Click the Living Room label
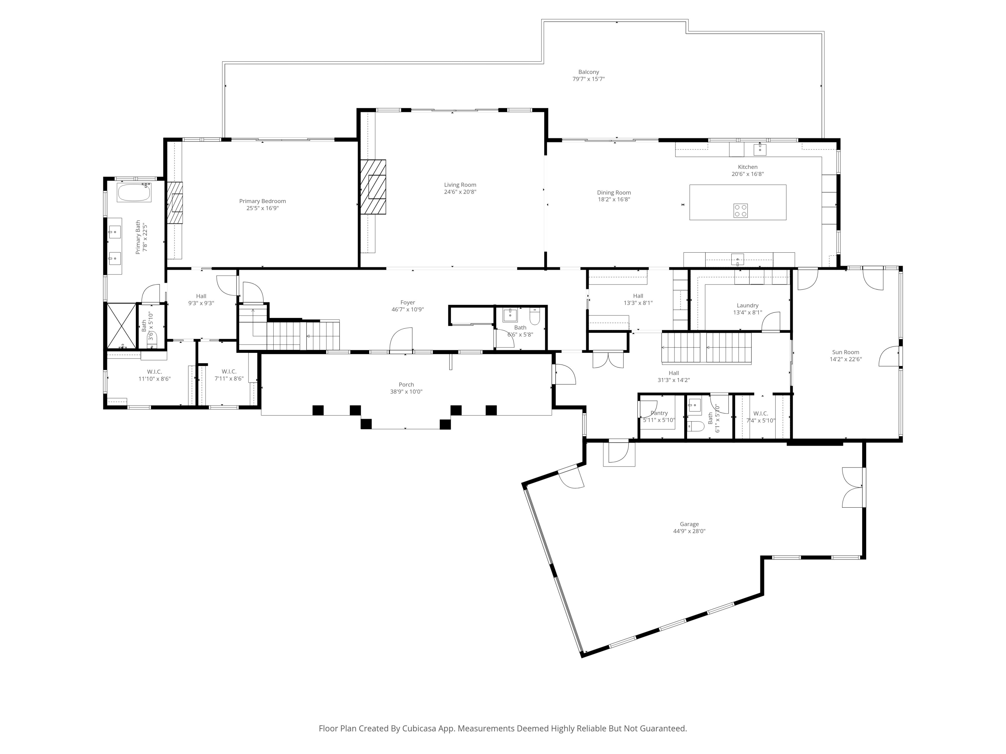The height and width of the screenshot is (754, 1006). click(x=460, y=185)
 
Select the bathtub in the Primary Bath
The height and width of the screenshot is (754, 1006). click(x=134, y=193)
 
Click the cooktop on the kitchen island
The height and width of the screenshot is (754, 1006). click(x=740, y=210)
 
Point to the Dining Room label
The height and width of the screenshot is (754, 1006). click(x=614, y=193)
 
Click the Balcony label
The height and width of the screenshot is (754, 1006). click(x=589, y=72)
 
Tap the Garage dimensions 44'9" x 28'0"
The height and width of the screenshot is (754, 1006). click(x=689, y=531)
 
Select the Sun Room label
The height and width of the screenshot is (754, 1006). click(x=845, y=352)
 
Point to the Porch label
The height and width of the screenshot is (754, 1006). click(x=406, y=384)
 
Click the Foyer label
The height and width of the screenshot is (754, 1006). click(x=407, y=302)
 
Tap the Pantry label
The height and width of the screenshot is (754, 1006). click(x=659, y=413)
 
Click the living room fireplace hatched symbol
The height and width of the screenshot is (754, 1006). click(x=373, y=187)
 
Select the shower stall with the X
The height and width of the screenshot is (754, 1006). click(x=121, y=325)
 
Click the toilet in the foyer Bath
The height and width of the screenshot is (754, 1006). click(x=535, y=317)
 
